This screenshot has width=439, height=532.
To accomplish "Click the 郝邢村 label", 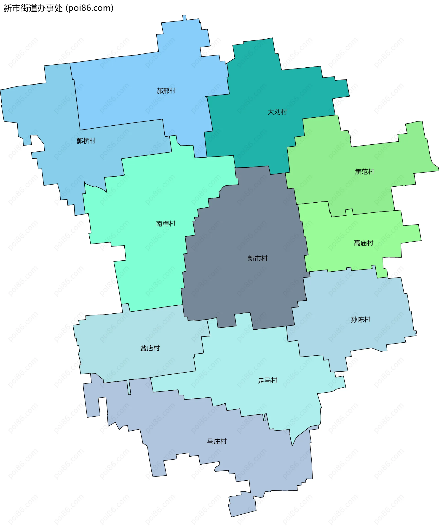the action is (x=166, y=91).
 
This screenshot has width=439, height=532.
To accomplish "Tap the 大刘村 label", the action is (x=277, y=112).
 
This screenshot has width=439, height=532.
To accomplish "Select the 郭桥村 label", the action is (x=86, y=141).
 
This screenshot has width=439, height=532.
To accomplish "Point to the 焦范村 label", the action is (x=364, y=172).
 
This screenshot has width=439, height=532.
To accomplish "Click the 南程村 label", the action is (x=166, y=224).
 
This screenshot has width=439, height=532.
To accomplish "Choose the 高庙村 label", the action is (x=364, y=243).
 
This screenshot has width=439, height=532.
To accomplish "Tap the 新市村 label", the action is (x=258, y=258).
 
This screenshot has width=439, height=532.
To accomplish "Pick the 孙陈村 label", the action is (x=361, y=320).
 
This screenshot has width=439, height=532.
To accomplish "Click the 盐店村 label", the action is (x=150, y=348).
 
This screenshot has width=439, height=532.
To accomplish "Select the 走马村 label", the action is (x=268, y=380).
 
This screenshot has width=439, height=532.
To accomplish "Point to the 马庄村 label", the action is (x=217, y=441).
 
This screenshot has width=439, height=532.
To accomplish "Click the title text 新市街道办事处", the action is (x=33, y=8).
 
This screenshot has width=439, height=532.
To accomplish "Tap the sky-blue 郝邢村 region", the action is (x=142, y=76).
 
